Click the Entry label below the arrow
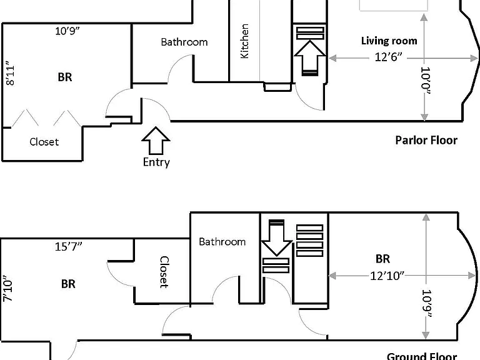tap(156, 162)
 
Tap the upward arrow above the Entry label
tap(156, 141)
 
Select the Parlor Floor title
tap(426, 140)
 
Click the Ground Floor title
tap(422, 356)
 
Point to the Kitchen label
tap(244, 41)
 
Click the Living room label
tap(389, 41)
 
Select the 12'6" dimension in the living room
tap(389, 57)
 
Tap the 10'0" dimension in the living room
tap(426, 81)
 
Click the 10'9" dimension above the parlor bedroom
tap(67, 31)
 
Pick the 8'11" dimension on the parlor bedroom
tap(10, 75)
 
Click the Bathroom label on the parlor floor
tap(184, 42)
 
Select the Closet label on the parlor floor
tap(44, 142)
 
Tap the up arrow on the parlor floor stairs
tap(310, 58)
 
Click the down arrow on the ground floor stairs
tap(276, 237)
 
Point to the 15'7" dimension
tap(69, 246)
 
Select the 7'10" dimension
tap(7, 291)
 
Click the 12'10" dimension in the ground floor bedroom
tap(387, 276)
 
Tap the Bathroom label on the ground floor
tap(222, 242)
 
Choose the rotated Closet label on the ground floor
tap(164, 272)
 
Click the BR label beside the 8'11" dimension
tap(65, 77)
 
